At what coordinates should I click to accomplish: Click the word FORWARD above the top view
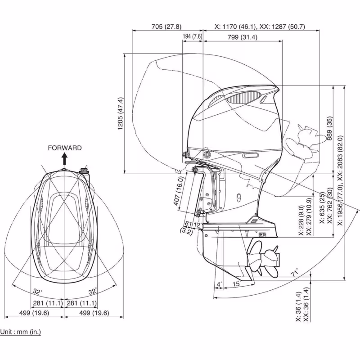(65, 148)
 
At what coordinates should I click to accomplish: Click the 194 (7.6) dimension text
(192, 36)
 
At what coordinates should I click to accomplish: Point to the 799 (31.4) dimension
(242, 37)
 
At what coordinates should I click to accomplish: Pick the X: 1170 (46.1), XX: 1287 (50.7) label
(260, 27)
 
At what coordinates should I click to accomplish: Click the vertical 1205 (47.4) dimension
(120, 113)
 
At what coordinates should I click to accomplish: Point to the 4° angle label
(219, 284)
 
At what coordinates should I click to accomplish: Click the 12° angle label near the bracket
(197, 225)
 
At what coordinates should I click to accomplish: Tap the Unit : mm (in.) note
(20, 332)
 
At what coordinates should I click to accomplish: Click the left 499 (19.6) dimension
(33, 313)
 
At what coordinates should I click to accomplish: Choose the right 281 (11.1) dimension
(81, 303)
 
